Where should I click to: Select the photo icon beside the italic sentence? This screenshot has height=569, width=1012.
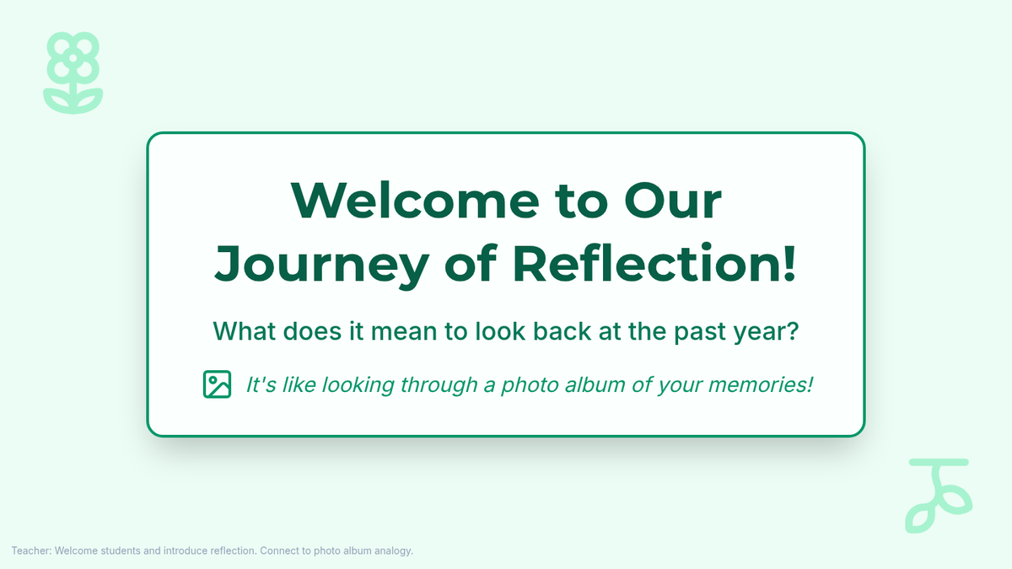coord(217,384)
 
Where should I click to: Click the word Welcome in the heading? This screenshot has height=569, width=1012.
coord(415,201)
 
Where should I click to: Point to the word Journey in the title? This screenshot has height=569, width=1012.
coord(321,264)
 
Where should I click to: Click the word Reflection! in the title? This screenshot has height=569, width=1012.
coord(654,263)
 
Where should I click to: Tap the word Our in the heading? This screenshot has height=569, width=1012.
coord(673,201)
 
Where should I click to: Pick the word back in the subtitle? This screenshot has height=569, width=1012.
coord(562,331)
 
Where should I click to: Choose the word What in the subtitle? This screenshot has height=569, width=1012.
coord(245,331)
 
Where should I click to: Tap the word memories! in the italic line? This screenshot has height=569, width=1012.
coord(761,384)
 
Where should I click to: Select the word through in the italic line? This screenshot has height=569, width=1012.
coord(439,385)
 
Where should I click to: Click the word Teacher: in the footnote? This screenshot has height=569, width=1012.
coord(32,551)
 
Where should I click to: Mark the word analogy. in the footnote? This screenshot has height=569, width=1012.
coord(394,551)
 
